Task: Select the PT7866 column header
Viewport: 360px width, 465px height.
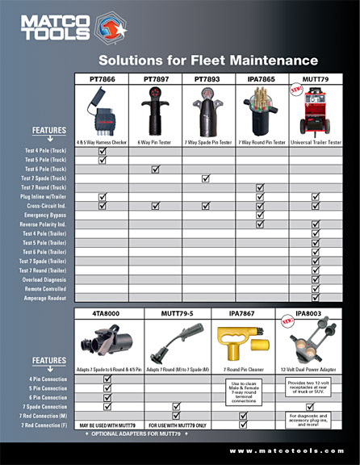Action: [102, 79]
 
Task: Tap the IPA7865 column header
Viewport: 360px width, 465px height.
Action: [261, 79]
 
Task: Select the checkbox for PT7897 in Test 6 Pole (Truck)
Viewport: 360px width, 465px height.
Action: [155, 169]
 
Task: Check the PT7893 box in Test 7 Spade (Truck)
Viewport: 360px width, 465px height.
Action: [206, 178]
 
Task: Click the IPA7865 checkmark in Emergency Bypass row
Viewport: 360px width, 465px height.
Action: [260, 216]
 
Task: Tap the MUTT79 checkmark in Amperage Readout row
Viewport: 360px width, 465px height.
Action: [316, 298]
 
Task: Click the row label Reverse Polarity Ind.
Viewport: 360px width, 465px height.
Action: [56, 224]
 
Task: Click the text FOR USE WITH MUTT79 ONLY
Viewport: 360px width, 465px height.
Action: [176, 425]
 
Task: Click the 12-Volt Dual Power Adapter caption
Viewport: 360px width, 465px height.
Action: [309, 369]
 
